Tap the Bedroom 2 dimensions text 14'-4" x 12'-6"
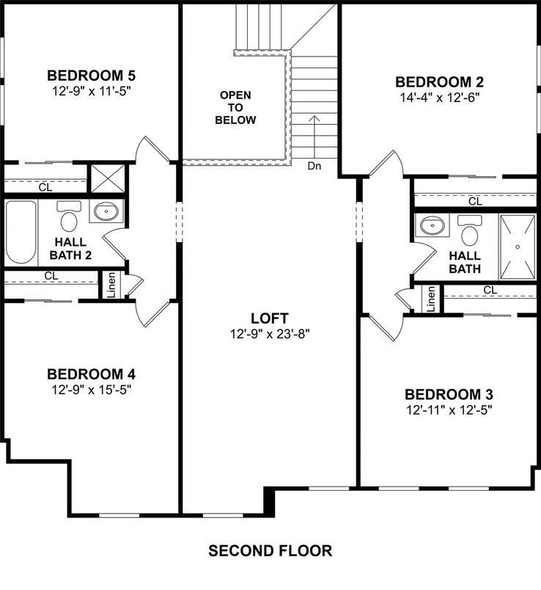tap(438, 96)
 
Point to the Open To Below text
tap(235, 107)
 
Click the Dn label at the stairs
tap(314, 167)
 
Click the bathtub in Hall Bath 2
tap(21, 233)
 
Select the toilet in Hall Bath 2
tap(70, 218)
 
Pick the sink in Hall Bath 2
tap(106, 212)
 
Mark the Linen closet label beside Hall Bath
tap(431, 298)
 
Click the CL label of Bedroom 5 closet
tap(45, 187)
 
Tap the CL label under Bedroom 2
tap(475, 201)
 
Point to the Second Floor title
tap(270, 550)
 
